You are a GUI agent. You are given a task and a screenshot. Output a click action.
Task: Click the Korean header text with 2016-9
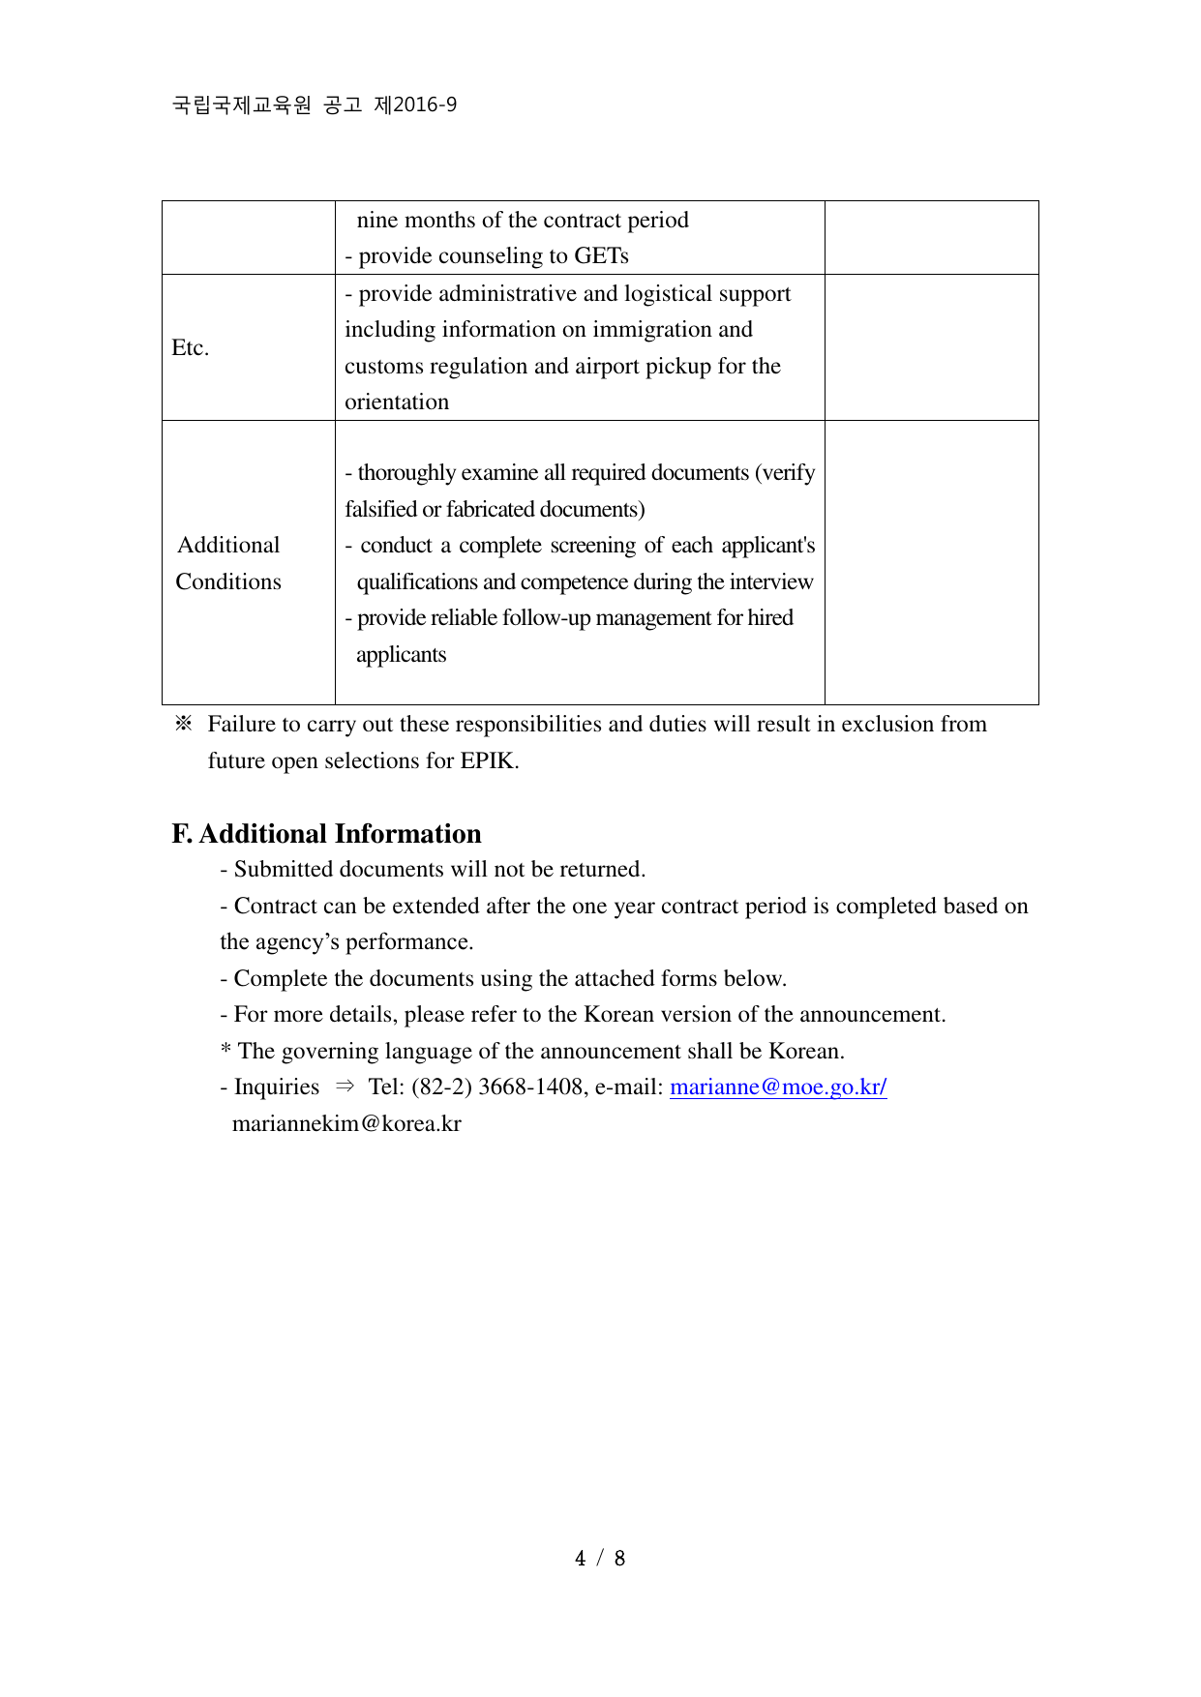pos(314,104)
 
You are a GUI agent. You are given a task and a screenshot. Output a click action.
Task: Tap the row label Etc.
pos(190,347)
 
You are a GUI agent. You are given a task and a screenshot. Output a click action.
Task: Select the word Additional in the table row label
pos(228,545)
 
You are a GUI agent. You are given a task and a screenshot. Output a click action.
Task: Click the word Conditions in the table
pos(228,581)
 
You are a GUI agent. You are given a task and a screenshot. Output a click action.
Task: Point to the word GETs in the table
pos(601,255)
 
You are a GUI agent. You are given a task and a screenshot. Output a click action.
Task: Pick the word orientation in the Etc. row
pos(397,402)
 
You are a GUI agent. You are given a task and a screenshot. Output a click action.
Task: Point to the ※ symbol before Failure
pos(183,724)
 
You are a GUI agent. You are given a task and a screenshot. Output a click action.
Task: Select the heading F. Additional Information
pos(326,833)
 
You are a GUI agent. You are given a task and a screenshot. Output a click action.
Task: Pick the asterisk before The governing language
pos(225,1051)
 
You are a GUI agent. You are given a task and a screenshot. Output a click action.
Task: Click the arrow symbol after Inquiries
pos(345,1087)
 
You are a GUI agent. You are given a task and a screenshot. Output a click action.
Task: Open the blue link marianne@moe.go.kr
pos(777,1087)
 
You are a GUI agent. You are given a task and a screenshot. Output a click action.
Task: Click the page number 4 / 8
pos(600,1558)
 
